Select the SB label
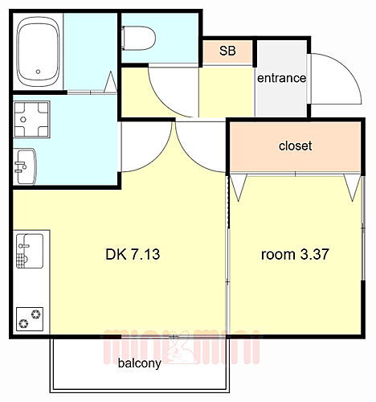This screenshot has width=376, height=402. (227, 51)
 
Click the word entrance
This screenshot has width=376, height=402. (281, 78)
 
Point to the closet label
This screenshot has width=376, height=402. (295, 146)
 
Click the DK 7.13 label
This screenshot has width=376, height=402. (135, 255)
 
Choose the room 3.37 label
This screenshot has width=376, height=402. (295, 255)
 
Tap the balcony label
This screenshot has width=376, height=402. (140, 363)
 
